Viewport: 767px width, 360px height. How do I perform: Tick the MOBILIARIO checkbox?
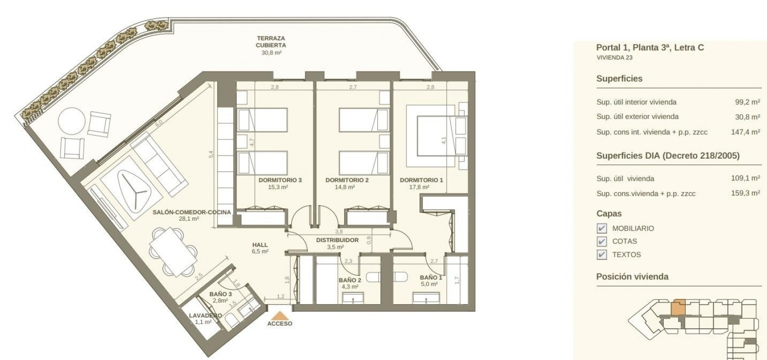(x=602, y=228)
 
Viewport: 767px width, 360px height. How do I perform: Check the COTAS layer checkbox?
(x=602, y=242)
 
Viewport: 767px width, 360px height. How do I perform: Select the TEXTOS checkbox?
(x=602, y=254)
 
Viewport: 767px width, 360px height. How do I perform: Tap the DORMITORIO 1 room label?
(x=421, y=180)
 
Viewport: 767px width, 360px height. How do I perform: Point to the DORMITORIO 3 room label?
(x=280, y=180)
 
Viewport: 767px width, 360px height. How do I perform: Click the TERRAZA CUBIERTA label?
(x=271, y=41)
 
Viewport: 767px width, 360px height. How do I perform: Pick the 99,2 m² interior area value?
(x=748, y=102)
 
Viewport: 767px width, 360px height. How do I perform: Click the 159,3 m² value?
(x=745, y=193)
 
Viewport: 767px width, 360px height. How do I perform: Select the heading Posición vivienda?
(x=632, y=277)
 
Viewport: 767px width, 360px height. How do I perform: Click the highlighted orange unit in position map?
(x=678, y=307)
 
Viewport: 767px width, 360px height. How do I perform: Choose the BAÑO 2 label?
(x=350, y=280)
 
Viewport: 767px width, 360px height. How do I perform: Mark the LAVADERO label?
(x=205, y=315)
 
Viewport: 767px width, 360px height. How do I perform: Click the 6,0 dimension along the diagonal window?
(x=159, y=123)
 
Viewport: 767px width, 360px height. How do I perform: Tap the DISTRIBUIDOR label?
(x=337, y=240)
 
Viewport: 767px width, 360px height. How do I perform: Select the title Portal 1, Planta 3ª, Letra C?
(x=650, y=48)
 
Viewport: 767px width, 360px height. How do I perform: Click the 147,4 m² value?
(x=745, y=132)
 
